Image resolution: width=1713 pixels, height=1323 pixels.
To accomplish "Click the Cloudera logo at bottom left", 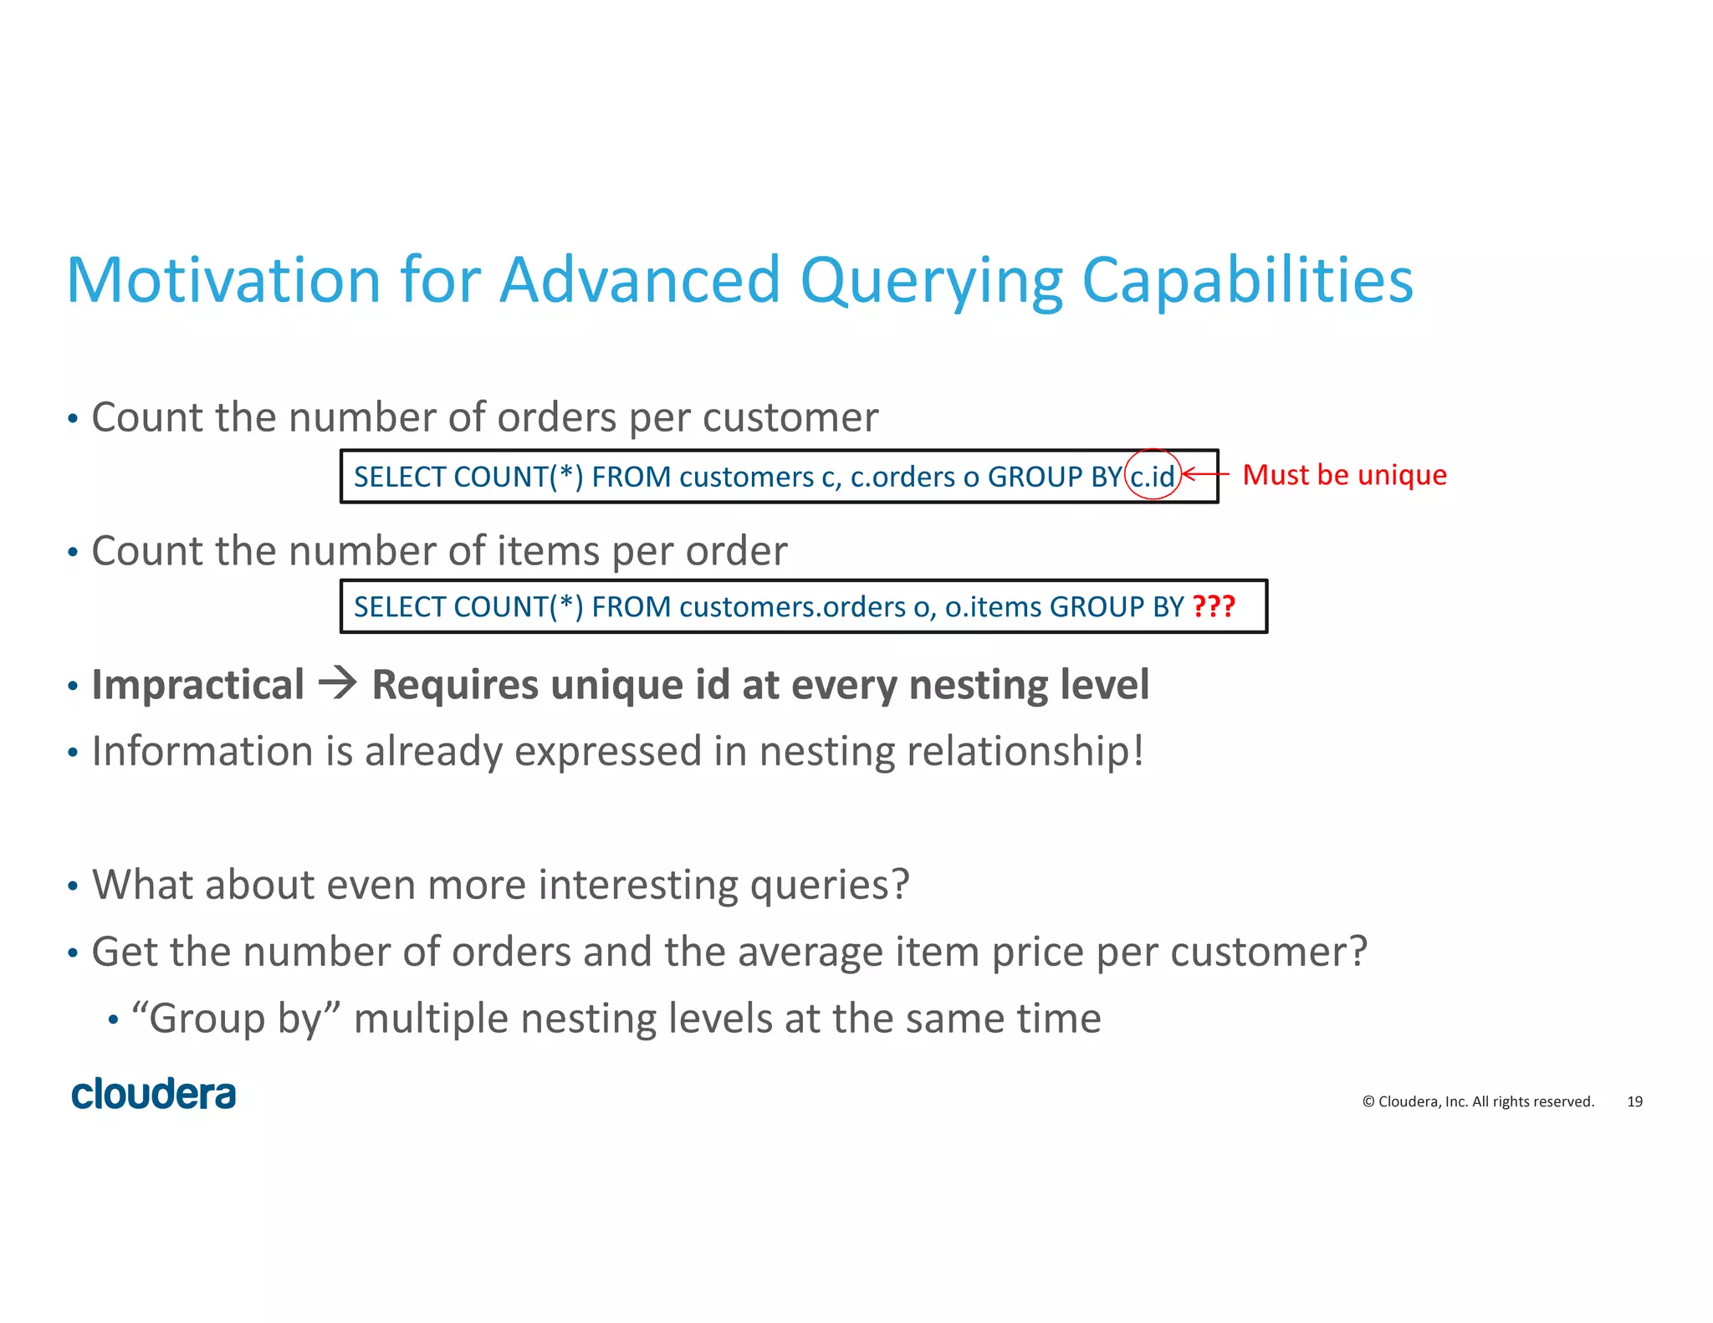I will (x=153, y=1095).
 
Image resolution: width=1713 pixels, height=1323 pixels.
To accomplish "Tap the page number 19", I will (x=1634, y=1101).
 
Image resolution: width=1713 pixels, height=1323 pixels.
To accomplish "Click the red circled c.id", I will (x=1153, y=476).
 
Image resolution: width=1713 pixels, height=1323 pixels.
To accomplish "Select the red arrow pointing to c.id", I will (x=1205, y=474).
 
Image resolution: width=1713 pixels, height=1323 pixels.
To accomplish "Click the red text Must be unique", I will (x=1344, y=474).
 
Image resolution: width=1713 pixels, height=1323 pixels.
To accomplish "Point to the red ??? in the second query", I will (x=1213, y=605).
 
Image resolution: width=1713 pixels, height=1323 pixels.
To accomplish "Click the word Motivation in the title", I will (x=223, y=280).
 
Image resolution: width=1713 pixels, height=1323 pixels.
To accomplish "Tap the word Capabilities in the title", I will (x=1247, y=280).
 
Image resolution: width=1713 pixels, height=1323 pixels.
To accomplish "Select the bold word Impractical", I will (x=198, y=685).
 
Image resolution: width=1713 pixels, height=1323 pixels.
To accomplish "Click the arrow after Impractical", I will (x=338, y=684).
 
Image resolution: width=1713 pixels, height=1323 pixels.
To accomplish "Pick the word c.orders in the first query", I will (x=903, y=477).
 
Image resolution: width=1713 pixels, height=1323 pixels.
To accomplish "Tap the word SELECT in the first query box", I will (x=400, y=477).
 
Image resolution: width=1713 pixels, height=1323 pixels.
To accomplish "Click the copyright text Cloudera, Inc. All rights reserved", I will (x=1478, y=1101).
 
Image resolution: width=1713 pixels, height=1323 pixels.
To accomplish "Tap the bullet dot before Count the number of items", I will (x=73, y=552).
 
